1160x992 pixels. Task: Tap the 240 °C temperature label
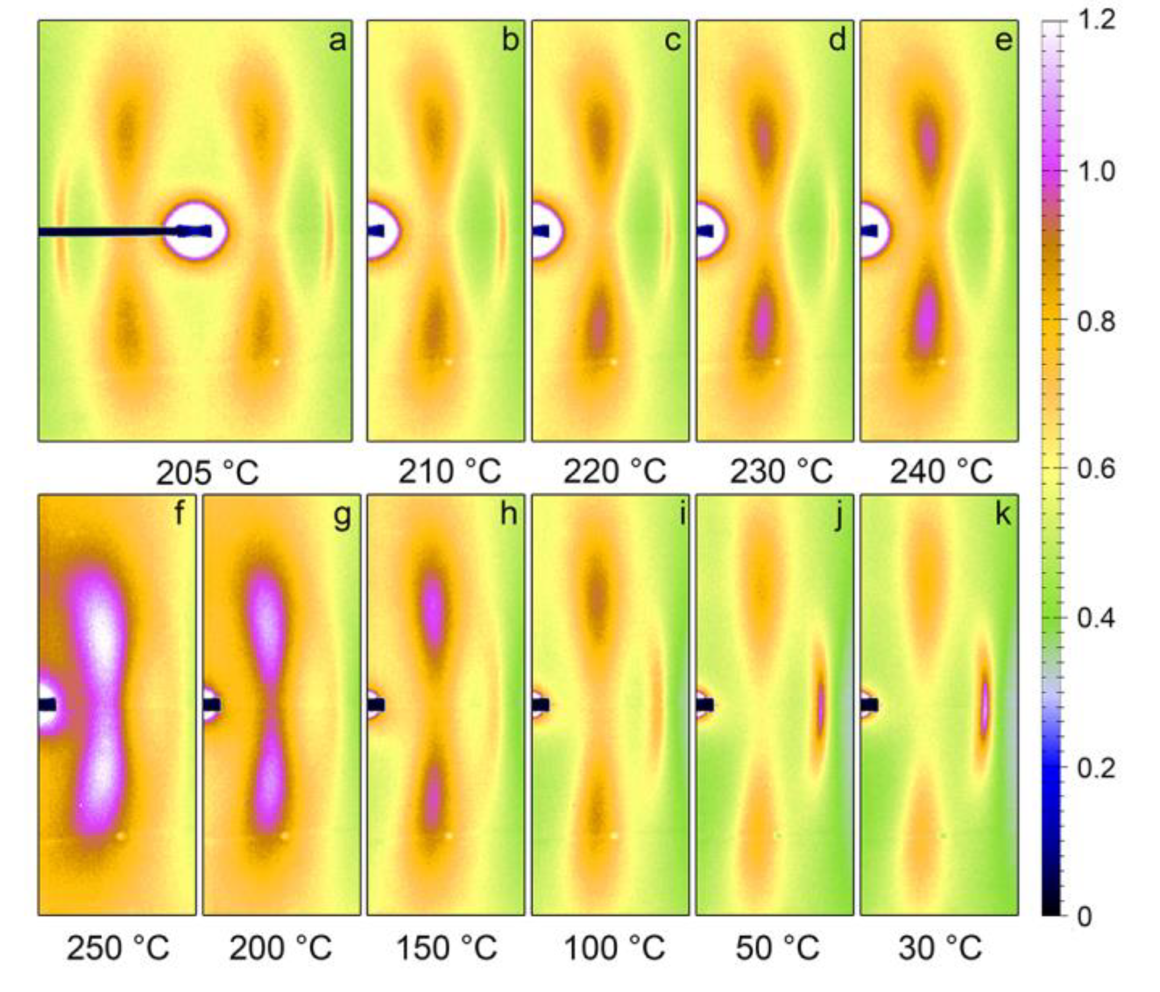tap(941, 471)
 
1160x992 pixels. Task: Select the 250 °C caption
tap(118, 948)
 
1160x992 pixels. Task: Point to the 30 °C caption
tap(940, 948)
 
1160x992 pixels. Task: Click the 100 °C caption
tap(614, 948)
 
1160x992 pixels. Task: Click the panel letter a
tap(337, 41)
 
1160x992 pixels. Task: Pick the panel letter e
tap(1004, 41)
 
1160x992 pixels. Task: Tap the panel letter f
tap(179, 513)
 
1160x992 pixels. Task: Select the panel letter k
tap(1003, 513)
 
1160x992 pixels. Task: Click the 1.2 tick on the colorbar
tap(1096, 22)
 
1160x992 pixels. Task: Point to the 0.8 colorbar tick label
tap(1096, 322)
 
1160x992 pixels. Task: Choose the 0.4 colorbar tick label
tap(1096, 619)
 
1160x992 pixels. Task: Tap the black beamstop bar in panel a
tap(101, 231)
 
